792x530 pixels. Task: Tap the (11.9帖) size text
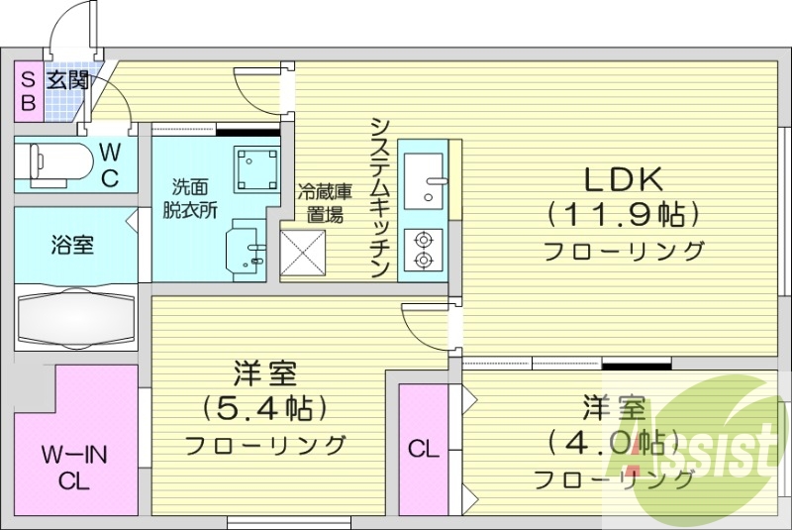pyautogui.click(x=623, y=213)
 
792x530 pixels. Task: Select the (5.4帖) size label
pyautogui.click(x=265, y=406)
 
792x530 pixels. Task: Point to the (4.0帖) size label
pyautogui.click(x=615, y=440)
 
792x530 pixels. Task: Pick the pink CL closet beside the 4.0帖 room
pyautogui.click(x=424, y=450)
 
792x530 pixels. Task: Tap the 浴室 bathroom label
pyautogui.click(x=73, y=245)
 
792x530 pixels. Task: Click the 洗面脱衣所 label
pyautogui.click(x=190, y=198)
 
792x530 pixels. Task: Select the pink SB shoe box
pyautogui.click(x=28, y=89)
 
